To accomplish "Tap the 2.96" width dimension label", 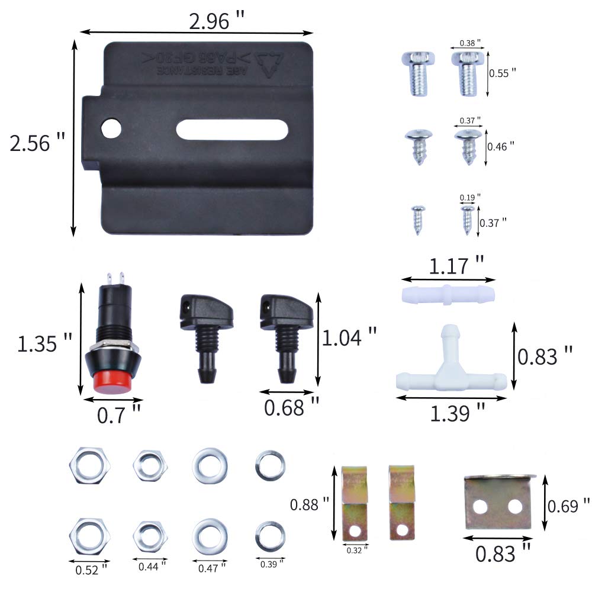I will pos(217,21).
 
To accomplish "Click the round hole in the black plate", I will pos(110,128).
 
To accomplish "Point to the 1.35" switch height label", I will pos(44,343).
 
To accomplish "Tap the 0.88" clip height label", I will pos(309,504).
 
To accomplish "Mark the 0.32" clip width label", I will pos(357,550).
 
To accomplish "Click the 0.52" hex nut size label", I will pos(92,570).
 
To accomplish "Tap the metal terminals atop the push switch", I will pos(115,277).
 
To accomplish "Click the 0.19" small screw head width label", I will pos(470,197).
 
